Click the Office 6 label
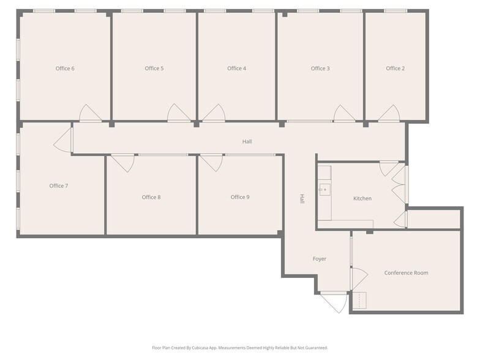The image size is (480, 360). [65, 69]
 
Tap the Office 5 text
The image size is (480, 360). [154, 69]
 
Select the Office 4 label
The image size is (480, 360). [236, 69]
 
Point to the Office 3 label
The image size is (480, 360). [320, 69]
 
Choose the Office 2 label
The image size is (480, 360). [395, 69]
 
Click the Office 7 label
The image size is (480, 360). [59, 186]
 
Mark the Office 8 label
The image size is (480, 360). [151, 197]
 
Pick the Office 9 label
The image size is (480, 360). [240, 197]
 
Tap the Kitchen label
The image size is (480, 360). [362, 198]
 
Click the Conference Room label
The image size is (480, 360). [406, 273]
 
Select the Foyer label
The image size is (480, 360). [320, 259]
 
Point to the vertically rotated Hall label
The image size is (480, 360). [302, 198]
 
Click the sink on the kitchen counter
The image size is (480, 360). [324, 190]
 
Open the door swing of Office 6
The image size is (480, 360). [90, 113]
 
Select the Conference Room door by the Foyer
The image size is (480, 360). [359, 279]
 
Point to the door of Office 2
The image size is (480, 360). [389, 113]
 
